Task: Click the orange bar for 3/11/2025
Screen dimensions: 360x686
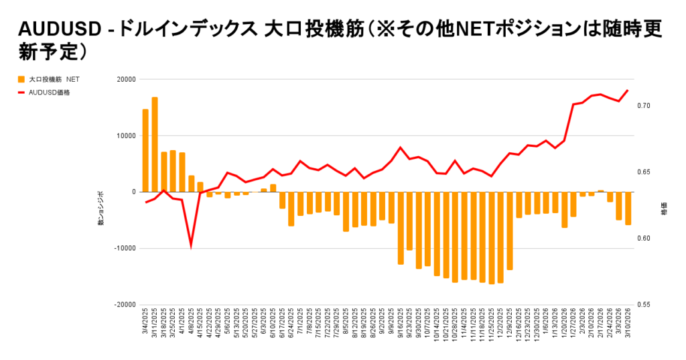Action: coord(155,144)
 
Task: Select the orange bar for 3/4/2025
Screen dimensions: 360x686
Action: coord(145,150)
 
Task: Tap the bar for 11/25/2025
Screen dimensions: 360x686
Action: coord(491,238)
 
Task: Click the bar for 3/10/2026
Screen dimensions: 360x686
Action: coord(628,208)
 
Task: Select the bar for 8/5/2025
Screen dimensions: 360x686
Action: coord(346,211)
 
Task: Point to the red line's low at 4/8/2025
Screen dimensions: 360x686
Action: coord(191,246)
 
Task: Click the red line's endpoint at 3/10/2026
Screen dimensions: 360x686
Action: coord(628,90)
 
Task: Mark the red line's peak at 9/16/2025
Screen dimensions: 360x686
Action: coord(400,147)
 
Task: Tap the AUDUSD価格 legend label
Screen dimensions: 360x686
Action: coord(50,93)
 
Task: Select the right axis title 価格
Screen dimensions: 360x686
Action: coord(664,207)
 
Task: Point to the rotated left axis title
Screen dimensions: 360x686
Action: coord(101,208)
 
